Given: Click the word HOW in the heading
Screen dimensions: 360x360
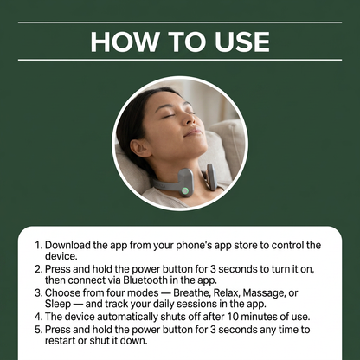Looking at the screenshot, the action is [125, 42].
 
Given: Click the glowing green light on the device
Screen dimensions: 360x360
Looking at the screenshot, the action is [185, 190].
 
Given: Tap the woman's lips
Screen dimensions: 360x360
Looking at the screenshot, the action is [193, 132].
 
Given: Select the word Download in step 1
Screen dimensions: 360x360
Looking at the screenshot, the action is [67, 245].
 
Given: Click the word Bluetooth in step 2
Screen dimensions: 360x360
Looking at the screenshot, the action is [145, 280].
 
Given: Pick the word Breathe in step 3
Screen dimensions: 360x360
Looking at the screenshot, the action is [193, 292].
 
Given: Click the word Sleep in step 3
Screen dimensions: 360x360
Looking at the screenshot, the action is [58, 304].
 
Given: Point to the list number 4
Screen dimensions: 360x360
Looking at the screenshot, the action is [39, 317].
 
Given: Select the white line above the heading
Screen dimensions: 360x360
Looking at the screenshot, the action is [180, 22].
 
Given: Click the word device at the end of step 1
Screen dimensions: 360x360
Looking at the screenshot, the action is [61, 256].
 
